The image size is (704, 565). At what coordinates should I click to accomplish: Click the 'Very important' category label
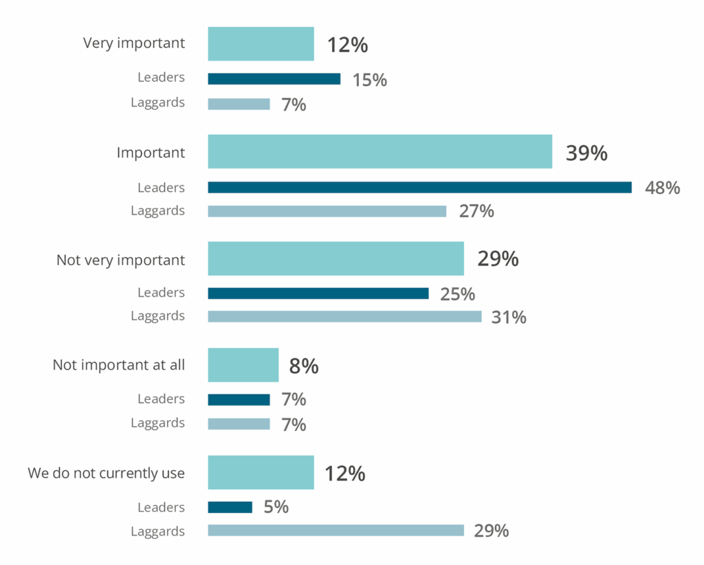point(134,43)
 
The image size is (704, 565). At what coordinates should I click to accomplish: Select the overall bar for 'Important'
point(379,151)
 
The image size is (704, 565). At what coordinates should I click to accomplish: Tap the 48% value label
point(662,188)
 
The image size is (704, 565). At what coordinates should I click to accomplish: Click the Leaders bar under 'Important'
point(419,188)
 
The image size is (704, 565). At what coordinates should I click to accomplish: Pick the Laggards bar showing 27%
point(327,211)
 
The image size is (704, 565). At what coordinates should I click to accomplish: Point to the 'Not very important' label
point(120,261)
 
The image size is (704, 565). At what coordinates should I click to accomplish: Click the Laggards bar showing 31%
point(344,316)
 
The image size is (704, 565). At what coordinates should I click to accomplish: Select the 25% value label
point(457,294)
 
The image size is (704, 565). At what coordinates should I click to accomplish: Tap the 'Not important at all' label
point(119,365)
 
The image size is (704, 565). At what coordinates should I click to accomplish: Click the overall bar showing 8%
point(243,365)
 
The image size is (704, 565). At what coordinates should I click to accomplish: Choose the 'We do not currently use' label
point(107,474)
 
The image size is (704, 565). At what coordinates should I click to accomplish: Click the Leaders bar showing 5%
point(230,507)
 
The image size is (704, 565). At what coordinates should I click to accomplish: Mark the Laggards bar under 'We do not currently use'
point(335,531)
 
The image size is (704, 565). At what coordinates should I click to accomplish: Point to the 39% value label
point(586,153)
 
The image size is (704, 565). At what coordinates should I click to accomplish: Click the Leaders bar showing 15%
point(274,79)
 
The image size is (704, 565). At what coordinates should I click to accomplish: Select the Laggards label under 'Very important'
point(158,102)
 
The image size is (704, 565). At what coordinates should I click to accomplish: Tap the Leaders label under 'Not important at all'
point(161,399)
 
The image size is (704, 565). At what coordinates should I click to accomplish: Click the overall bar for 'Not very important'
point(335,258)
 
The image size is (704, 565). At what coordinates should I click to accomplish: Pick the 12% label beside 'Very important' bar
point(347,45)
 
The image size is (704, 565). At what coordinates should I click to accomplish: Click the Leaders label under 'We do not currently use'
point(161,507)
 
